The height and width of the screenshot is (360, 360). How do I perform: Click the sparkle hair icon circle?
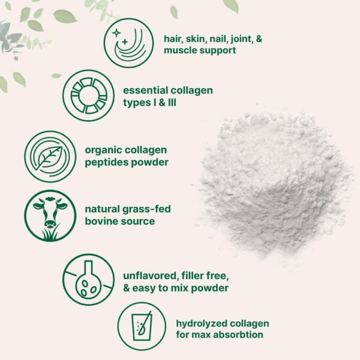pos(128,43)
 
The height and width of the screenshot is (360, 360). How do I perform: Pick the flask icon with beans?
pos(88,279)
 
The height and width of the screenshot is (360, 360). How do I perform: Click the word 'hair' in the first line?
pos(174,38)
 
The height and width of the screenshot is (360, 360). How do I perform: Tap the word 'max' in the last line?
pos(201,334)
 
